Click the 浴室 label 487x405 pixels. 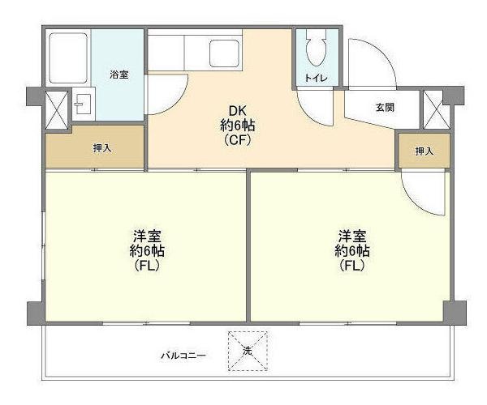pos(119,75)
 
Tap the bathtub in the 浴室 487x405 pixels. pos(67,58)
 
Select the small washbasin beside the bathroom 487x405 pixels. pos(81,105)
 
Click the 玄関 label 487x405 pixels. pos(385,107)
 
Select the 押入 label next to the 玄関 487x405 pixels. pos(424,151)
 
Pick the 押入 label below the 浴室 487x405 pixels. pos(101,148)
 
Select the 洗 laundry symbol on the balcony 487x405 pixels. pos(248,352)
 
